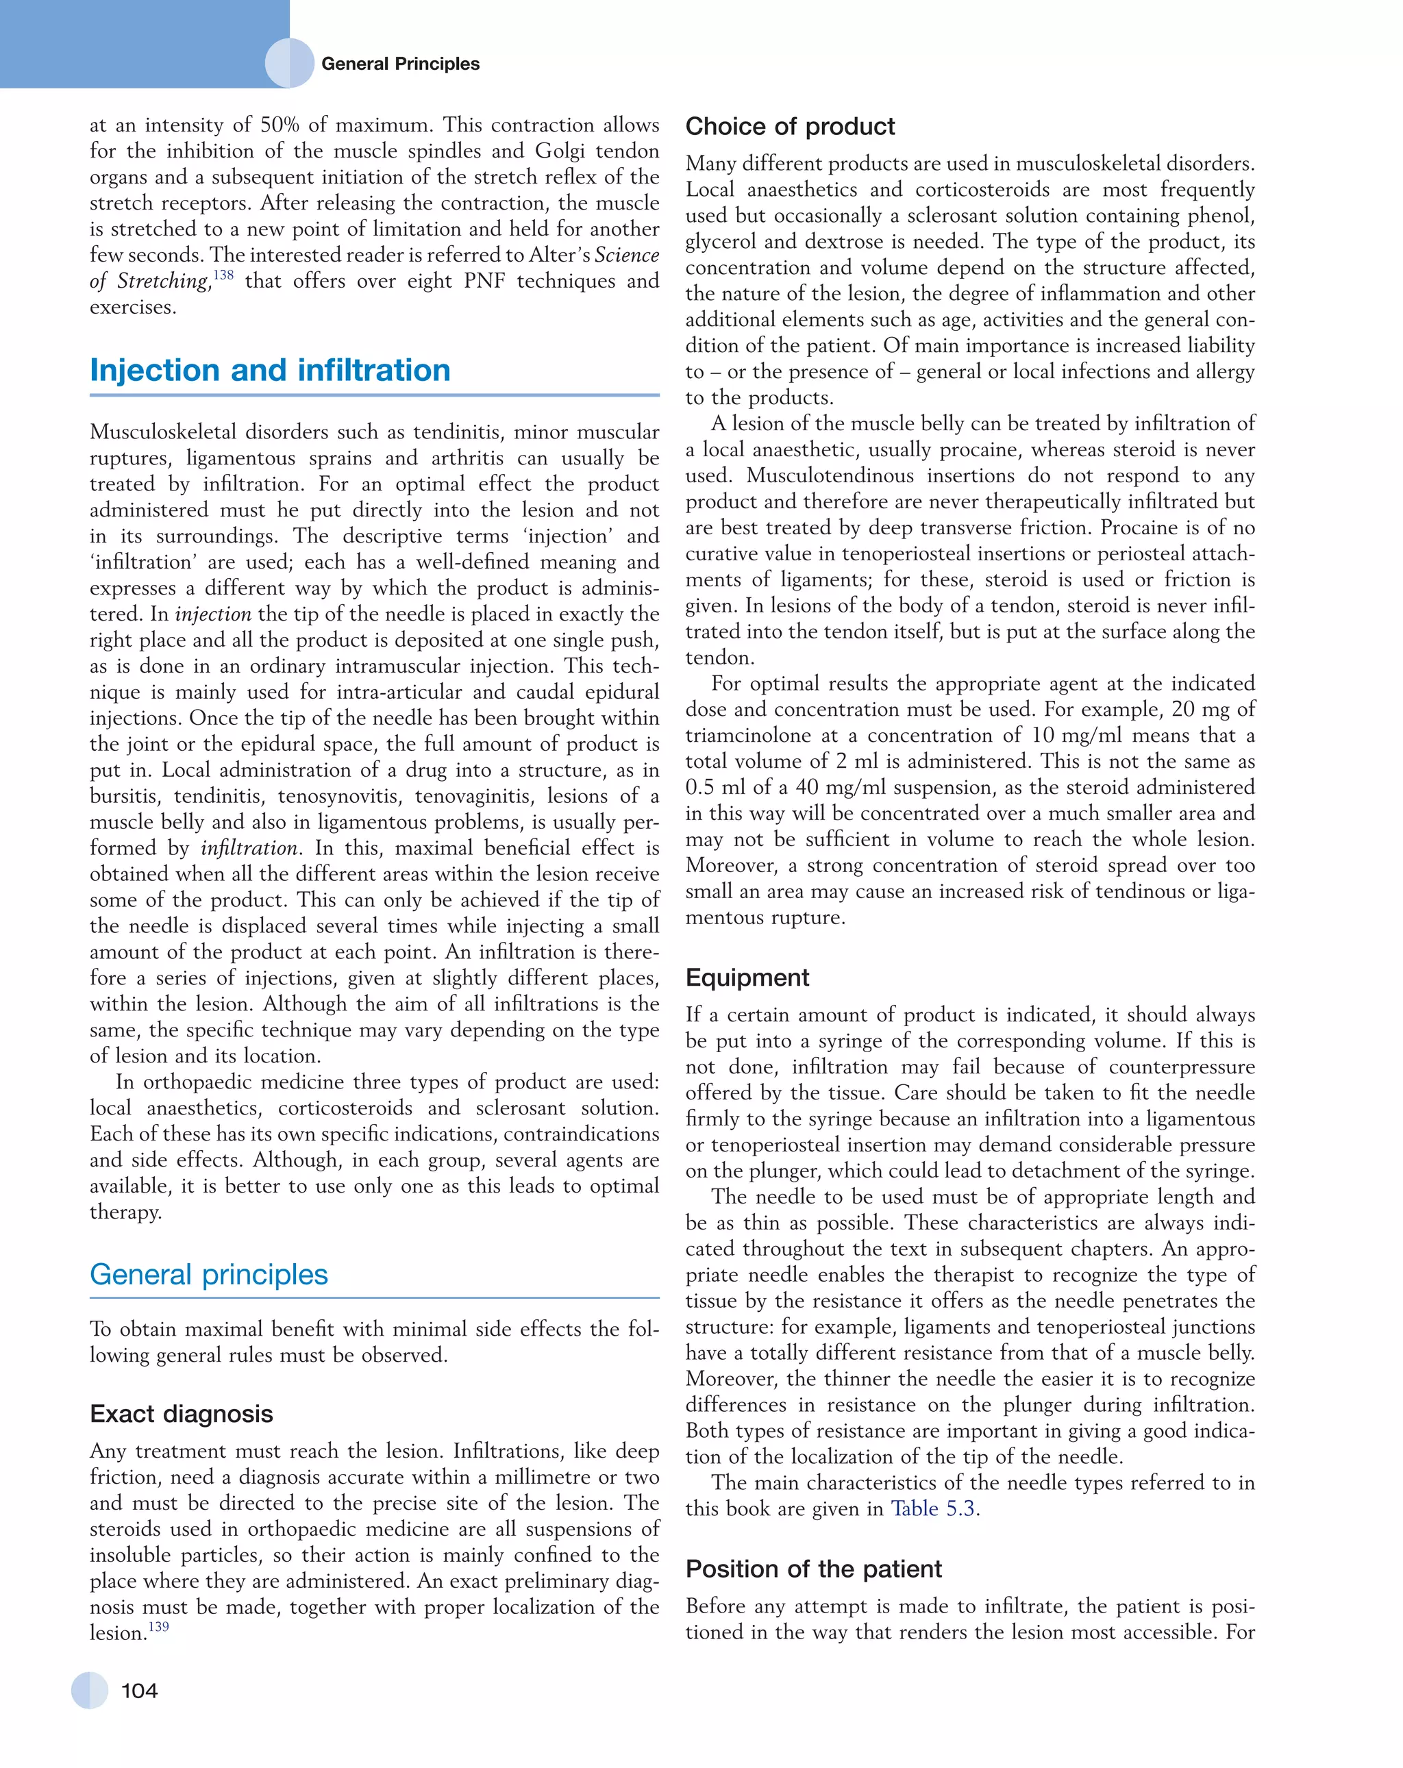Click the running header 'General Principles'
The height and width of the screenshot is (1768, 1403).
[x=400, y=64]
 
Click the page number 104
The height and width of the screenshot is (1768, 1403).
[x=139, y=1690]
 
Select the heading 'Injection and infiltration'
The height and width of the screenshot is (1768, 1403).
[x=270, y=370]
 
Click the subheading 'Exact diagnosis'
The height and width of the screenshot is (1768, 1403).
[x=182, y=1414]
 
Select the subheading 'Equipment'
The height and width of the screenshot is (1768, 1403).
[x=747, y=978]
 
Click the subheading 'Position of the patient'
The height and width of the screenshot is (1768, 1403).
[x=813, y=1569]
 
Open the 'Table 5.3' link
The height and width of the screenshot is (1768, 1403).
[x=933, y=1509]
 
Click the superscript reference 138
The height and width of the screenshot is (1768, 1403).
[x=223, y=275]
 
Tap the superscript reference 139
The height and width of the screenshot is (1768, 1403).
[x=158, y=1626]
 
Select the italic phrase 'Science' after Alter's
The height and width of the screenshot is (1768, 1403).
[x=626, y=255]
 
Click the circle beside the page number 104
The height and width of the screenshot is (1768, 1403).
[x=89, y=1690]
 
